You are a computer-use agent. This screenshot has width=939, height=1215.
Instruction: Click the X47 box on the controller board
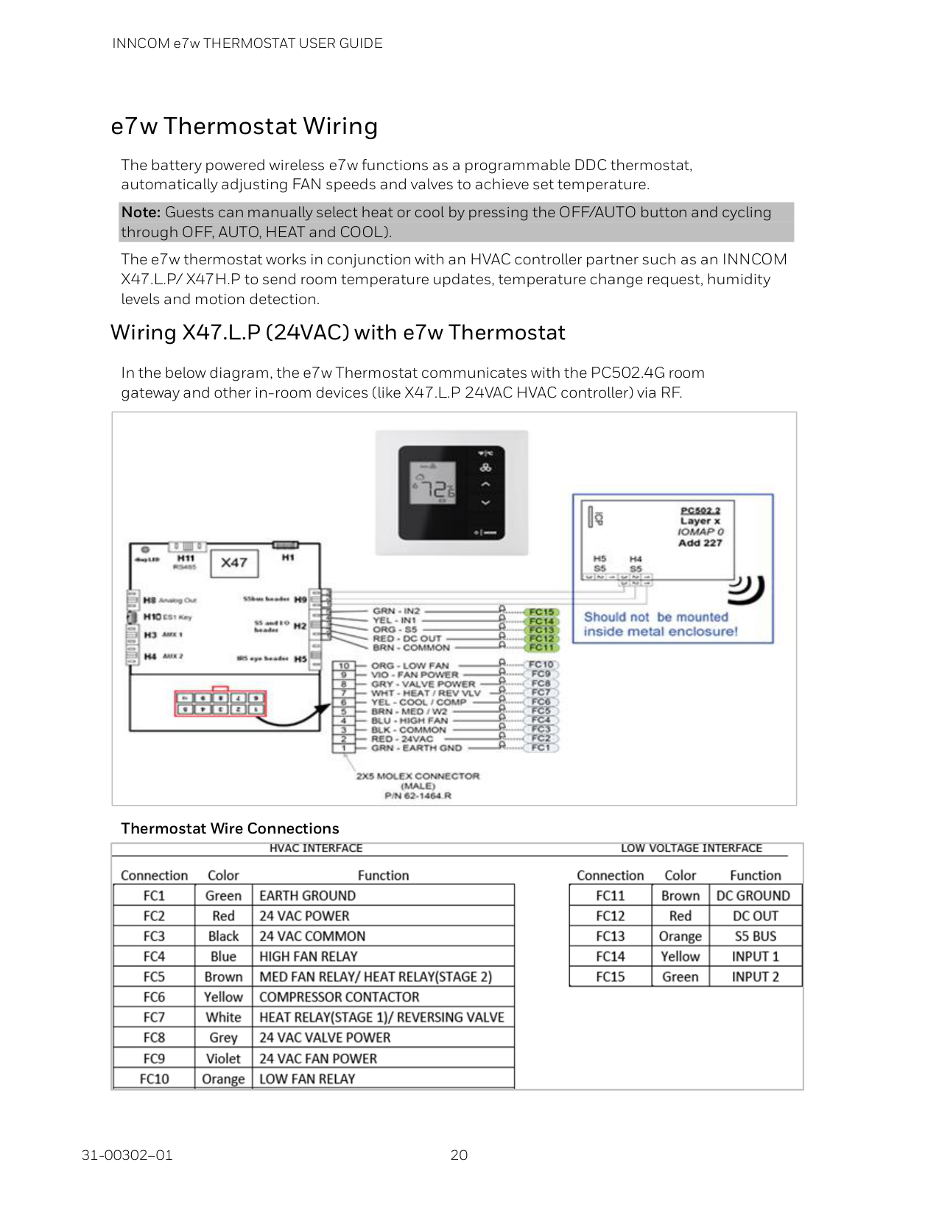234,563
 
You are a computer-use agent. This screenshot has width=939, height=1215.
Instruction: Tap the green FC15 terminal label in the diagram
541,612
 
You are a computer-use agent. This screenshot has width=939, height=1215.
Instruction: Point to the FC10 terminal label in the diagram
541,664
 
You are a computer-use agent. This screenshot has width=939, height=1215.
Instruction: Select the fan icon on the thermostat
485,468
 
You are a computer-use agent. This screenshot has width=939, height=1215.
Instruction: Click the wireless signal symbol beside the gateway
748,588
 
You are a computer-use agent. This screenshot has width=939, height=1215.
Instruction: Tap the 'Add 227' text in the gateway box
700,543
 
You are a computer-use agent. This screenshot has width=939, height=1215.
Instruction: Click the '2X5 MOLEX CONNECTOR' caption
418,776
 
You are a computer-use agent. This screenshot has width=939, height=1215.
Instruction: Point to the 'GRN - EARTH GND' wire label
416,748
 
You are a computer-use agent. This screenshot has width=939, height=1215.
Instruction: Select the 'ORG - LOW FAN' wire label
409,666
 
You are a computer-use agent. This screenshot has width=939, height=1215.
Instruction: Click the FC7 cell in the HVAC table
154,1018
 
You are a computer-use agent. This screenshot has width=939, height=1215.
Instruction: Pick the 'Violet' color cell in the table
223,1059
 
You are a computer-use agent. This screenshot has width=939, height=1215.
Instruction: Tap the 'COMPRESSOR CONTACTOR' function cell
340,997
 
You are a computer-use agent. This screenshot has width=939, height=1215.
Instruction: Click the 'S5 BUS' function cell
755,937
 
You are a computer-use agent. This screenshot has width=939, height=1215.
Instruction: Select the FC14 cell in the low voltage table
610,957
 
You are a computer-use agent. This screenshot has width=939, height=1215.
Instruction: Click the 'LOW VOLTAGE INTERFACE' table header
691,848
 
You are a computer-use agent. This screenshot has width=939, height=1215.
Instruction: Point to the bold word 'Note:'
141,213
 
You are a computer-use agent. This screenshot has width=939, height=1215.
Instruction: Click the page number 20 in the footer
459,1155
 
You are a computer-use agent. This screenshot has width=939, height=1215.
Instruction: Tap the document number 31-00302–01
127,1155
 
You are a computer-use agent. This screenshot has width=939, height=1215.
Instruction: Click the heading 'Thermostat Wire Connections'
230,828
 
